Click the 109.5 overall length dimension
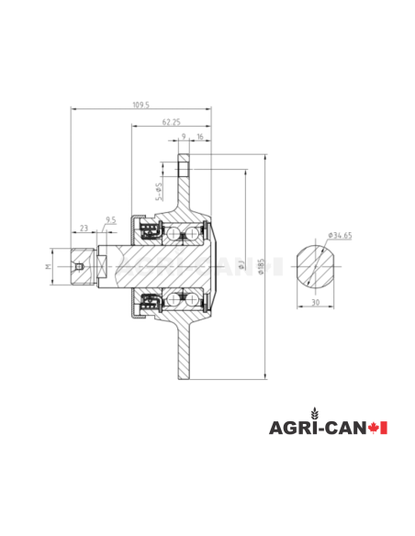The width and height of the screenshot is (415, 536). click(140, 106)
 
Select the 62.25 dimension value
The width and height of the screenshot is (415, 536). click(170, 122)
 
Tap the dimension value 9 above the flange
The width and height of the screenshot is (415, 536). click(184, 137)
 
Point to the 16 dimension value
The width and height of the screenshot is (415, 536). click(200, 137)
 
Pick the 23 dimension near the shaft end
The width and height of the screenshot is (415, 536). click(84, 227)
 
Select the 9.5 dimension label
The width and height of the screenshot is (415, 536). click(111, 220)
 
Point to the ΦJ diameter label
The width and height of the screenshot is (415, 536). click(241, 266)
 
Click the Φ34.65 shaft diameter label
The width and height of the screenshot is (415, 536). click(340, 236)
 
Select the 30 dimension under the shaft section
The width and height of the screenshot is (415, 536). click(315, 303)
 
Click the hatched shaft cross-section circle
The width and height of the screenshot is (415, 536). click(315, 265)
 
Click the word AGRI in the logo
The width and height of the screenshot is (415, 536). click(289, 429)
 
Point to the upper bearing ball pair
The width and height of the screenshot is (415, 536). click(174, 233)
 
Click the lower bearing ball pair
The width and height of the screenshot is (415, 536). click(174, 300)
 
